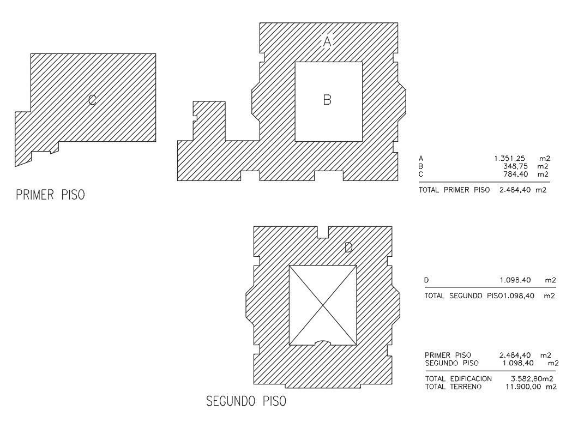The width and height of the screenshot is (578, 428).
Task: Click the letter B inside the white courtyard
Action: [327, 100]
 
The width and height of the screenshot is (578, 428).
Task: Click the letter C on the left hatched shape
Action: [92, 100]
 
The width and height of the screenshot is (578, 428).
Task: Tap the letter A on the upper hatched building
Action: [327, 41]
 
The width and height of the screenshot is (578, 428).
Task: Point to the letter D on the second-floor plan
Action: [348, 247]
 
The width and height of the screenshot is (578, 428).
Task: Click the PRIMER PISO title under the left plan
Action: [51, 195]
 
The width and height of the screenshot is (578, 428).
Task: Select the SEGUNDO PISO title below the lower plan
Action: [246, 401]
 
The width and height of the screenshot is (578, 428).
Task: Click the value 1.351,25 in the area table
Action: [509, 159]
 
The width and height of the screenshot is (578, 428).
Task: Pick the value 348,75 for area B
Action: [515, 166]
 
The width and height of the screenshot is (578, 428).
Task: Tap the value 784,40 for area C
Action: [516, 174]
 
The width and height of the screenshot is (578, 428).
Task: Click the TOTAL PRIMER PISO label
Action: [454, 190]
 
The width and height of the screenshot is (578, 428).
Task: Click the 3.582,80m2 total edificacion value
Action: [532, 378]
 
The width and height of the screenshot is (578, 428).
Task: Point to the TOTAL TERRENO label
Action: [454, 387]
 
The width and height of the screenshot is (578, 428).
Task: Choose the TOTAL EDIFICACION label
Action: [458, 378]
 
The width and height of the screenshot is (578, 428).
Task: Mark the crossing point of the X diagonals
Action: [323, 305]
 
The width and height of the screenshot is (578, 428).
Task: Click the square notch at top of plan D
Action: [323, 232]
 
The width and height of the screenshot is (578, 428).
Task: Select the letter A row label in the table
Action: [421, 159]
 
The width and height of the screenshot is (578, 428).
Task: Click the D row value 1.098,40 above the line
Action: [515, 280]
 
